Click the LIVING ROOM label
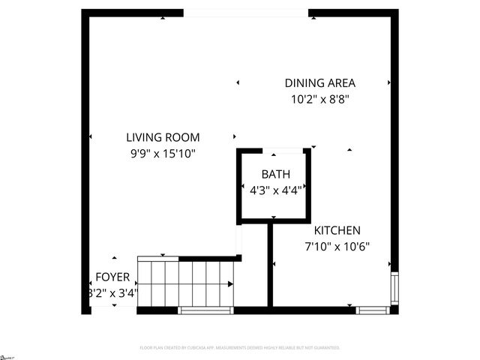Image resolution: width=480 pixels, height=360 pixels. (x=162, y=137)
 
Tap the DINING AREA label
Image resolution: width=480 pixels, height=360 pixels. (x=319, y=83)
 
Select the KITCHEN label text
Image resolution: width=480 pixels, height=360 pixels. (x=337, y=231)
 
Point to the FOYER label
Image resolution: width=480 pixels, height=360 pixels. (x=112, y=277)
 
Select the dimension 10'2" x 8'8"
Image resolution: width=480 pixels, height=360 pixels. (x=320, y=98)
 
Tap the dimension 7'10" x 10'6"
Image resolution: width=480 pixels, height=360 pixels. (x=337, y=246)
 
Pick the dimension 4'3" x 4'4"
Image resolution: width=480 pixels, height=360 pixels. (x=275, y=190)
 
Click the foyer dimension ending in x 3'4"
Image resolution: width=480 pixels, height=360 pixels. (x=112, y=293)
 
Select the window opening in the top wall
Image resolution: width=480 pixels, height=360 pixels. (x=245, y=13)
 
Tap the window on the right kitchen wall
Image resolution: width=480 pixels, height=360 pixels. (x=394, y=286)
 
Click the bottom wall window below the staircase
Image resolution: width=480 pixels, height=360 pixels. (x=205, y=310)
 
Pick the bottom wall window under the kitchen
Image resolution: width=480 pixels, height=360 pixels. (x=372, y=310)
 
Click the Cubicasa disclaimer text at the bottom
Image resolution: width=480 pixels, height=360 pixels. (x=240, y=348)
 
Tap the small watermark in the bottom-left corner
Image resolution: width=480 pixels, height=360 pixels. (x=7, y=355)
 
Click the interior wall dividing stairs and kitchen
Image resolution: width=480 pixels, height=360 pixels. (x=270, y=266)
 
